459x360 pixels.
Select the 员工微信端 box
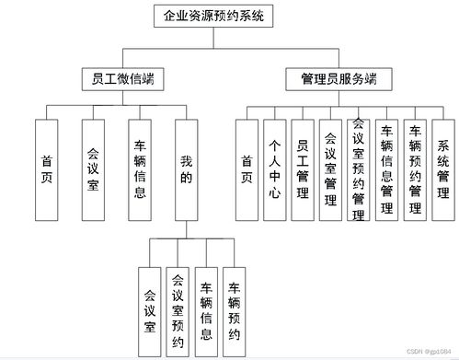[117, 79]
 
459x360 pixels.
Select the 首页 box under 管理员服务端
[247, 169]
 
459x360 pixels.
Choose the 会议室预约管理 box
[359, 169]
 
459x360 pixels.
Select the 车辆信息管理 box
[386, 169]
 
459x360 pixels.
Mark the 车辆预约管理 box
[415, 169]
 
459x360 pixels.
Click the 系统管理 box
[442, 169]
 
